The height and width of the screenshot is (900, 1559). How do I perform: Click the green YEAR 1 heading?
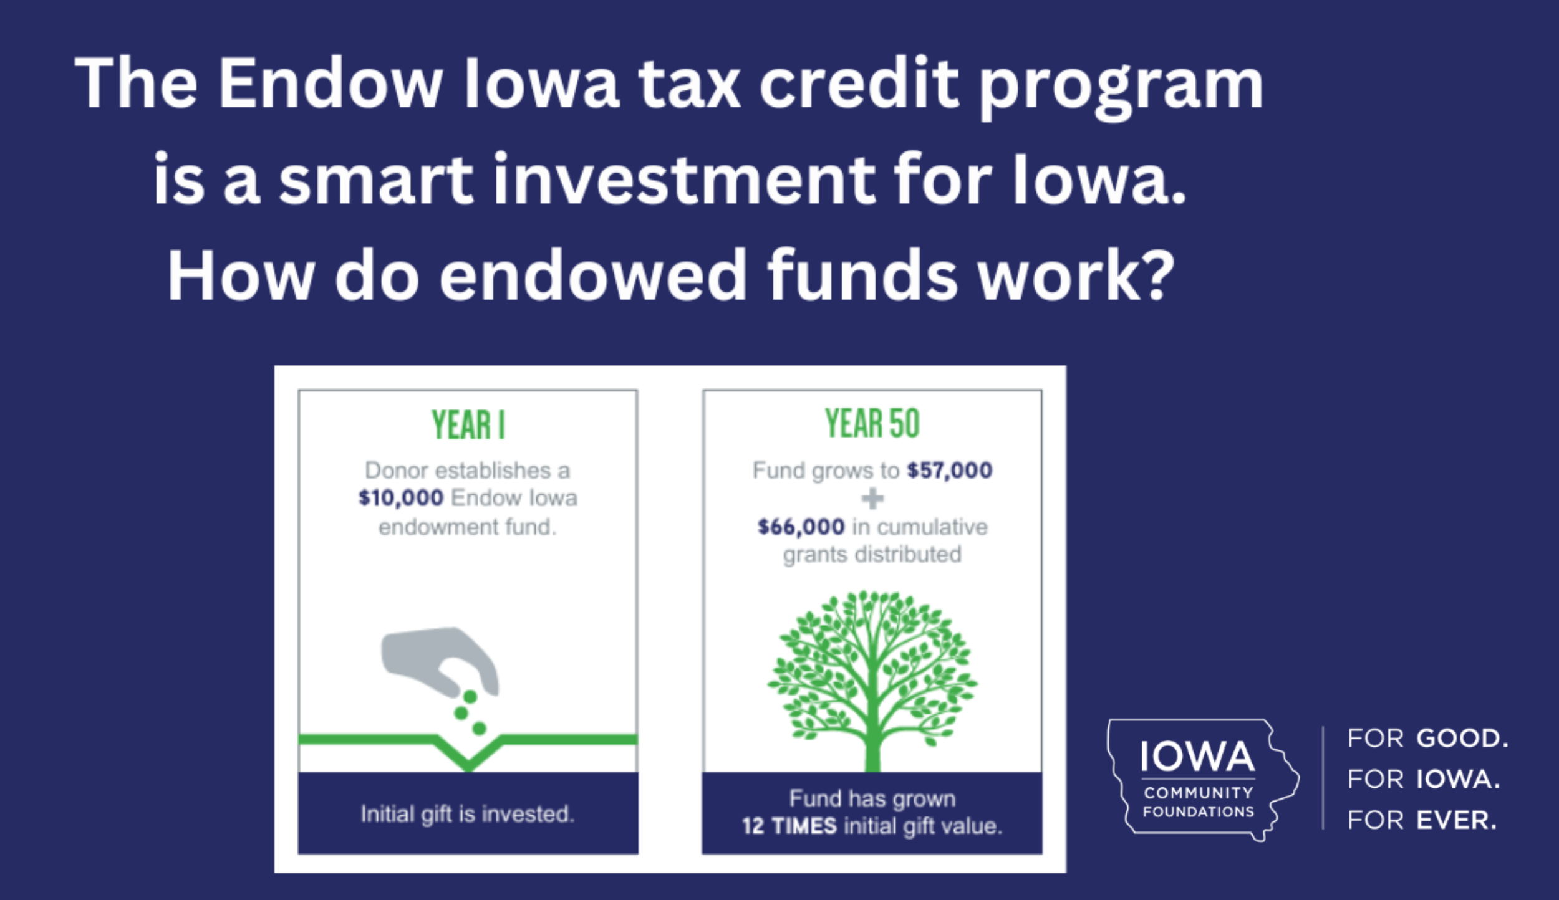(468, 425)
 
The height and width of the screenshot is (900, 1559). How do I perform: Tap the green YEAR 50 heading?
(872, 424)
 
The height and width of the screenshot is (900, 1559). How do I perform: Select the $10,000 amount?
(401, 498)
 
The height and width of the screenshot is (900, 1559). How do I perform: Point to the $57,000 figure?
(950, 470)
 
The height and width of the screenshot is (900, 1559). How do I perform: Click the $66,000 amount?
(801, 527)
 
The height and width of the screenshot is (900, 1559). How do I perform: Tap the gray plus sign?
(872, 499)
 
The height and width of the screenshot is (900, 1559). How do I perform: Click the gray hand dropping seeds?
(440, 661)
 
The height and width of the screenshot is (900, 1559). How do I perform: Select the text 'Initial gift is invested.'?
(467, 814)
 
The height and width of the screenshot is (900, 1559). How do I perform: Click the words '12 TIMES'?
(789, 826)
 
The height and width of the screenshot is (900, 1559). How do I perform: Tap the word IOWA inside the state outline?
(1197, 757)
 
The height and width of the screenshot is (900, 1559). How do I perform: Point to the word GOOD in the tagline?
(1462, 738)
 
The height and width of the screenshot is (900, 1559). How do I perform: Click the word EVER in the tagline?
(1456, 820)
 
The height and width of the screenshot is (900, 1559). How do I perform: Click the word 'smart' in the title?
(376, 180)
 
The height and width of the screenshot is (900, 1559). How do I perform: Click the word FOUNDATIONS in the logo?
(1198, 811)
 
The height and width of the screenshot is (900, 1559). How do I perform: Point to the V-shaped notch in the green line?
(468, 754)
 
